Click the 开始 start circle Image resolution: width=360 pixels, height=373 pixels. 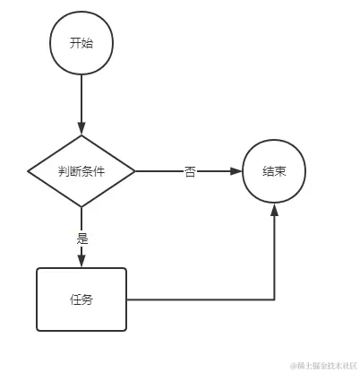[81, 43]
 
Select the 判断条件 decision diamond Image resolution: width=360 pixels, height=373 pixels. [81, 170]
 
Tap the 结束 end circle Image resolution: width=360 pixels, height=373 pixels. [274, 170]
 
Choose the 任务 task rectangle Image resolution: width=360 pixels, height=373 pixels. [81, 299]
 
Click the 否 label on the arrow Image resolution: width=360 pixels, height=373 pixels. [190, 171]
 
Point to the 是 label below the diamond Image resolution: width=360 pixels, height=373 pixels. [81, 239]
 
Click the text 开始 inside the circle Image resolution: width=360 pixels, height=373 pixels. [81, 43]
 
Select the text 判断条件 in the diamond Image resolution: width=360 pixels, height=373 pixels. [81, 170]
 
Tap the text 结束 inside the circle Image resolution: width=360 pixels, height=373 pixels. [274, 170]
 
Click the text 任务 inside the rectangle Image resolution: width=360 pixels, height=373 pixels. [81, 299]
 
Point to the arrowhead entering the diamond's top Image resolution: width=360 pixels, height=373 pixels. [81, 127]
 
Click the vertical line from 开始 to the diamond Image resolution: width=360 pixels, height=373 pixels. [81, 99]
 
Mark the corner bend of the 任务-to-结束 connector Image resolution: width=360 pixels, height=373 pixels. [274, 299]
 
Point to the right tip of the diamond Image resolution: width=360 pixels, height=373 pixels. [134, 170]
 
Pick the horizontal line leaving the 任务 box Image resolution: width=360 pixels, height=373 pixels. [197, 299]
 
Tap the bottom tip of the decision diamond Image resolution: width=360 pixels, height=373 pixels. [81, 206]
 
